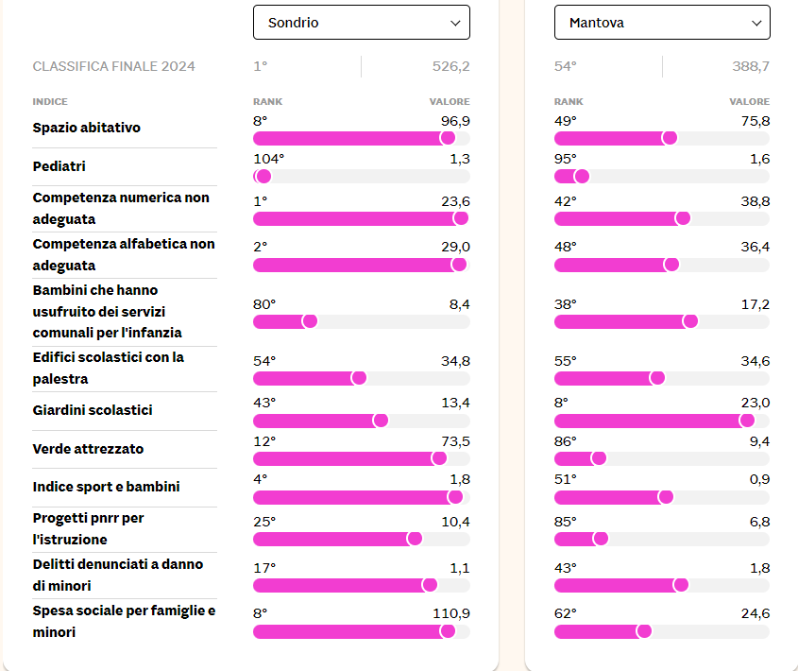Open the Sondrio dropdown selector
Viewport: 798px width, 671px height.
(361, 23)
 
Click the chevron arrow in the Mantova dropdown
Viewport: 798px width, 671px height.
(756, 23)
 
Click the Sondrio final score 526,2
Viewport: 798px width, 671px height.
(450, 66)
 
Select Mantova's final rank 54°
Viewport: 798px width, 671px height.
(566, 66)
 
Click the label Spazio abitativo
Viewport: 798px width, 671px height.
(87, 128)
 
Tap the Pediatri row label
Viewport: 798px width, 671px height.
(59, 166)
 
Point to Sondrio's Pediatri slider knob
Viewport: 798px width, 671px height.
(263, 176)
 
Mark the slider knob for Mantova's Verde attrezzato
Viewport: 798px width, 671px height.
(598, 458)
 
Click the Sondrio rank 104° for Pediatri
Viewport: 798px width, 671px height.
(269, 159)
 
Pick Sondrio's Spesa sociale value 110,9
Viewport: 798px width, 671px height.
(451, 613)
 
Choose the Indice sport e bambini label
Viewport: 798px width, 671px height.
(106, 487)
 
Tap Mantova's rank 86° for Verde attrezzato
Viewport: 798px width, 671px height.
(567, 441)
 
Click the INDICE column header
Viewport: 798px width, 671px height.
(50, 101)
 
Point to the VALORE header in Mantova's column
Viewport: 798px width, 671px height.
(749, 101)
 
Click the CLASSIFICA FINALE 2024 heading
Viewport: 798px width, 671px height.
(114, 66)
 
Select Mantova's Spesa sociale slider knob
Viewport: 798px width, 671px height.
(644, 630)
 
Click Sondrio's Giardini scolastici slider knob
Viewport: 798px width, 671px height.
(381, 420)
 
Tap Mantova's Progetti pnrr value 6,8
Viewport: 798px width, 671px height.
(759, 522)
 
